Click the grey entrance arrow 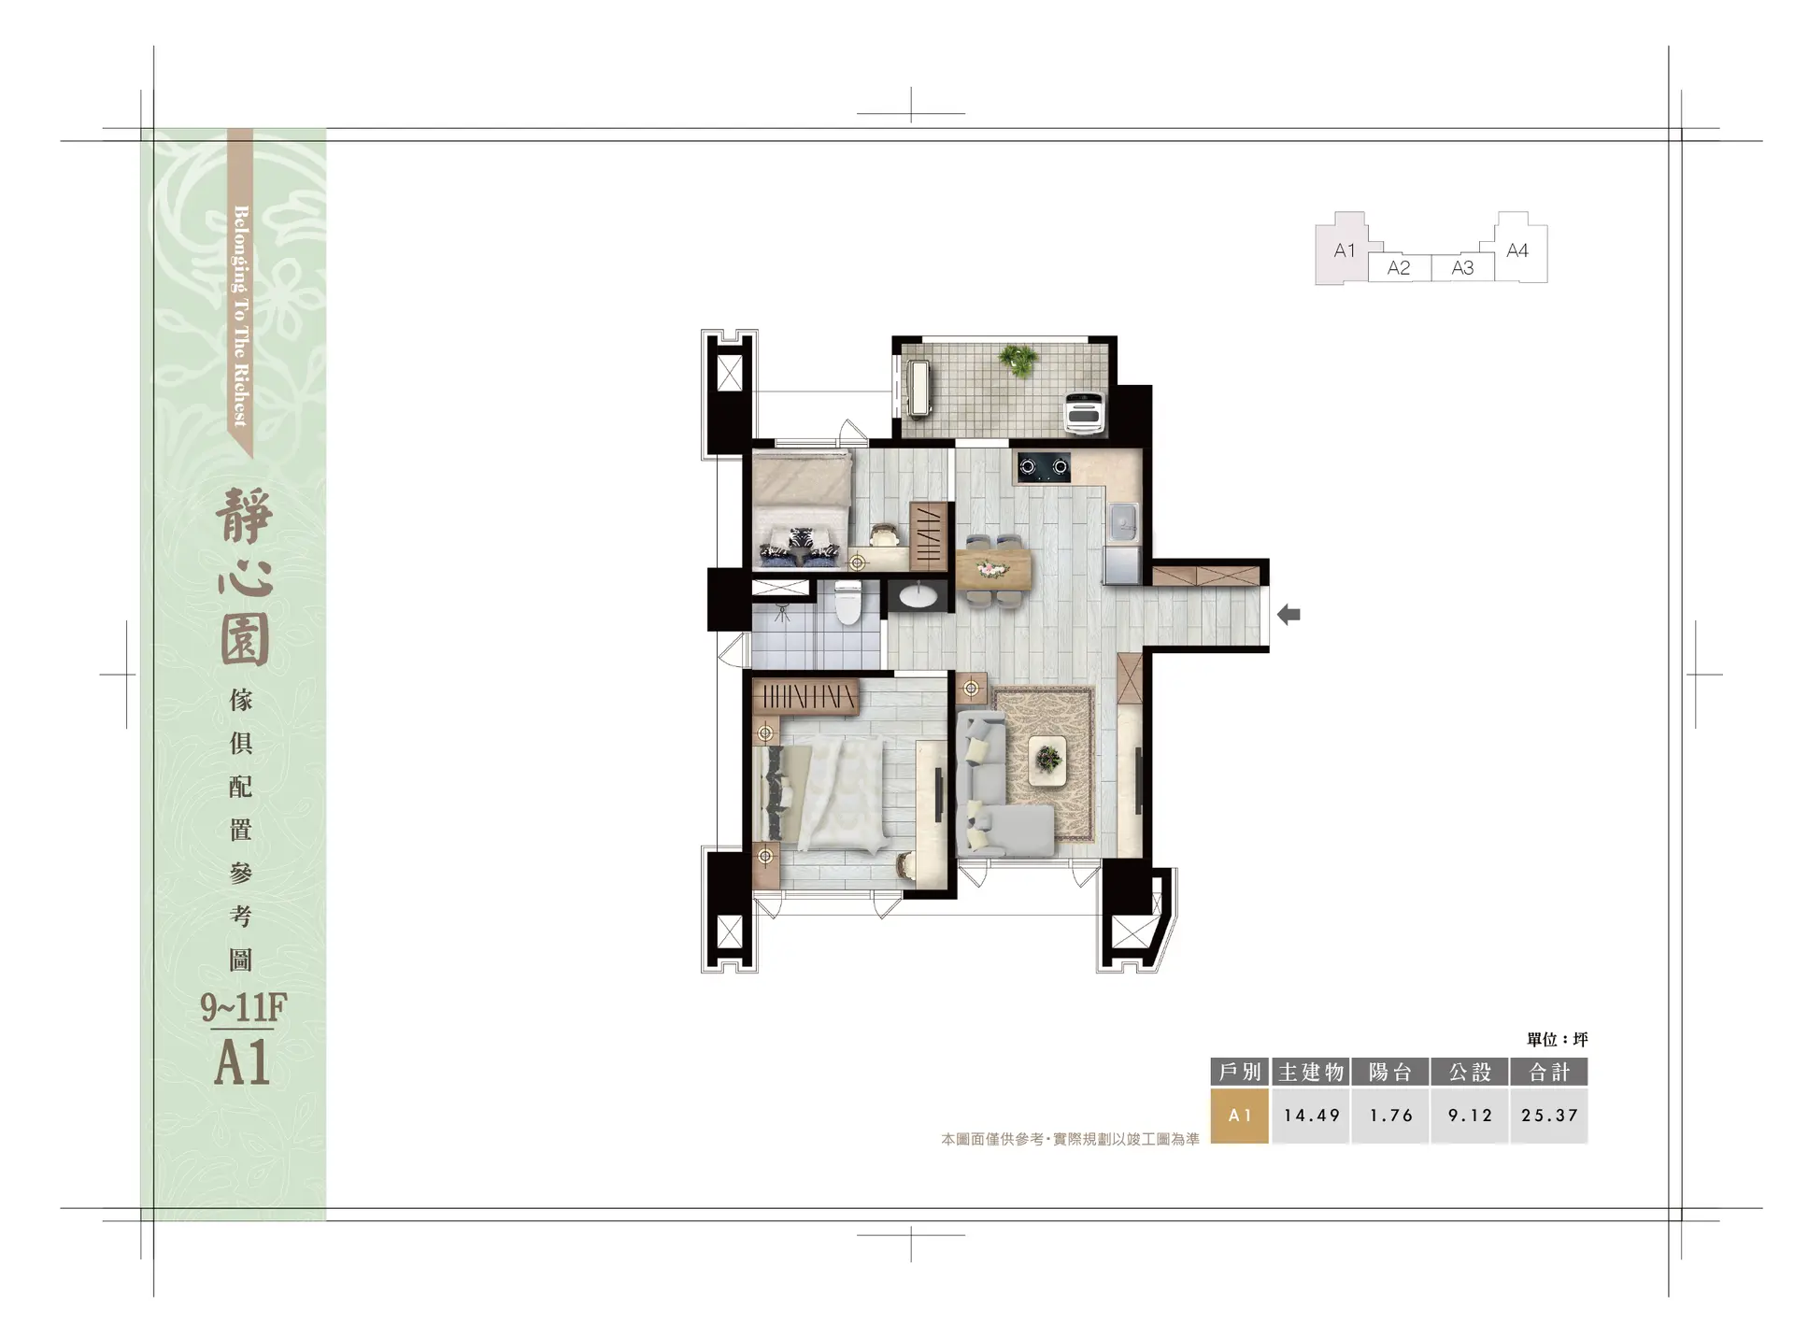(1289, 615)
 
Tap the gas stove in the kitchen (1044, 465)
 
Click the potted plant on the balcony (1017, 359)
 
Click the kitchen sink (1121, 522)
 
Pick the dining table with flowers (992, 569)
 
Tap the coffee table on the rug (1047, 759)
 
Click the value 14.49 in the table (1311, 1116)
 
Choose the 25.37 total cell (1549, 1116)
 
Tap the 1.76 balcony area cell (1390, 1116)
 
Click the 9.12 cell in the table (1470, 1116)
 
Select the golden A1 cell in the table (1240, 1116)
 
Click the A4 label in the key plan (1517, 250)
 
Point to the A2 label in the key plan (1399, 268)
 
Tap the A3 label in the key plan (1463, 268)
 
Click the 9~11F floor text (243, 1007)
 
